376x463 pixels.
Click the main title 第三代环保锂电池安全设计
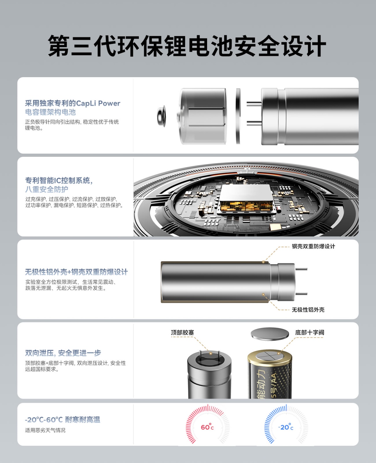click(187, 46)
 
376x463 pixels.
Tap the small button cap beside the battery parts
click(161, 116)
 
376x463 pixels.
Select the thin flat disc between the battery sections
click(238, 116)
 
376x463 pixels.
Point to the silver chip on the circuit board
click(246, 198)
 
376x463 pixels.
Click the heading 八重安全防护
click(47, 189)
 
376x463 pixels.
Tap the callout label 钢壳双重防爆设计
click(313, 246)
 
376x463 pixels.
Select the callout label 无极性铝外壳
click(308, 310)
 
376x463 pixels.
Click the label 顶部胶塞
click(182, 333)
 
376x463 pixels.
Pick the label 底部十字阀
click(310, 333)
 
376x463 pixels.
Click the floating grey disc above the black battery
click(270, 334)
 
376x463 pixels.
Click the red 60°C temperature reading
click(207, 427)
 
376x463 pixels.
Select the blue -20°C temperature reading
click(286, 427)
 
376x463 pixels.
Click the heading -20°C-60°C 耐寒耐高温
click(63, 419)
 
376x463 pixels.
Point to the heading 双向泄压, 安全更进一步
click(63, 353)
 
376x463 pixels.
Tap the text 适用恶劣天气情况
click(45, 430)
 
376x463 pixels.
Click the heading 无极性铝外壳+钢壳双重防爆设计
click(76, 272)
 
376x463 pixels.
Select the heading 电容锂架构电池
click(50, 112)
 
